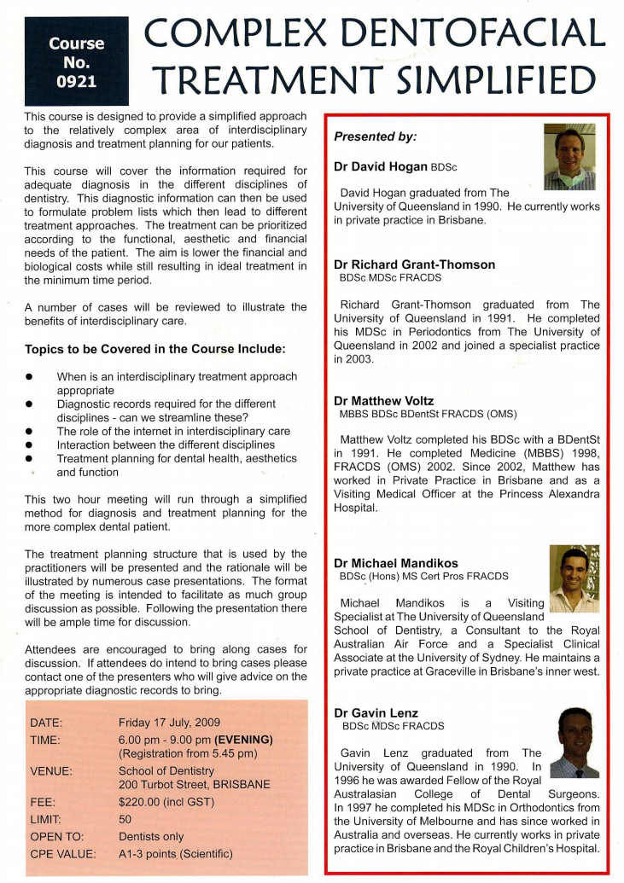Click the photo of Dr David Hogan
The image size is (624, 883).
[x=569, y=157]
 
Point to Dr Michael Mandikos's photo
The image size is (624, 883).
[x=574, y=579]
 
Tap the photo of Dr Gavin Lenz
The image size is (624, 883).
[x=575, y=742]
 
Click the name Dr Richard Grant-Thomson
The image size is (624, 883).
[x=414, y=264]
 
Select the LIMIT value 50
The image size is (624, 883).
[x=125, y=820]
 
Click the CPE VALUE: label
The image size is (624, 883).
[x=63, y=853]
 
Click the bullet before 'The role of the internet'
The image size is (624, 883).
[x=30, y=432]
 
